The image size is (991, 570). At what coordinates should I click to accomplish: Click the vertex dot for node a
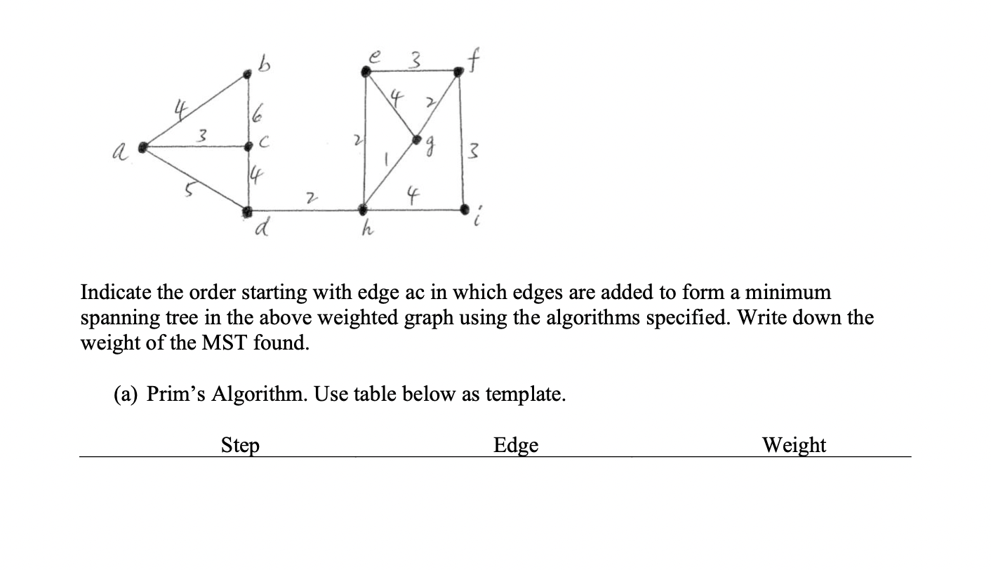pyautogui.click(x=144, y=147)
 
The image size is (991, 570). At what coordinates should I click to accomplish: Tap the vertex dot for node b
pyautogui.click(x=247, y=73)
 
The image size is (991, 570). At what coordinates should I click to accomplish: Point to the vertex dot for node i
pyautogui.click(x=464, y=208)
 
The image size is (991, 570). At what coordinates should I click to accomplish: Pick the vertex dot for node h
pyautogui.click(x=363, y=209)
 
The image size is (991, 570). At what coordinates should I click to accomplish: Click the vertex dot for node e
pyautogui.click(x=365, y=71)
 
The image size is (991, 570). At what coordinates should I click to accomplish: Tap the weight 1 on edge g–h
pyautogui.click(x=383, y=160)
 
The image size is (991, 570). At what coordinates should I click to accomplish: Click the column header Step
pyautogui.click(x=240, y=445)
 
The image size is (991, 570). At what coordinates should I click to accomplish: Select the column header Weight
pyautogui.click(x=794, y=445)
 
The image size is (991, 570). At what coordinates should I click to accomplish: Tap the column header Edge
pyautogui.click(x=516, y=445)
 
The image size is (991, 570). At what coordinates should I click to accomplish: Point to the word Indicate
pyautogui.click(x=117, y=292)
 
